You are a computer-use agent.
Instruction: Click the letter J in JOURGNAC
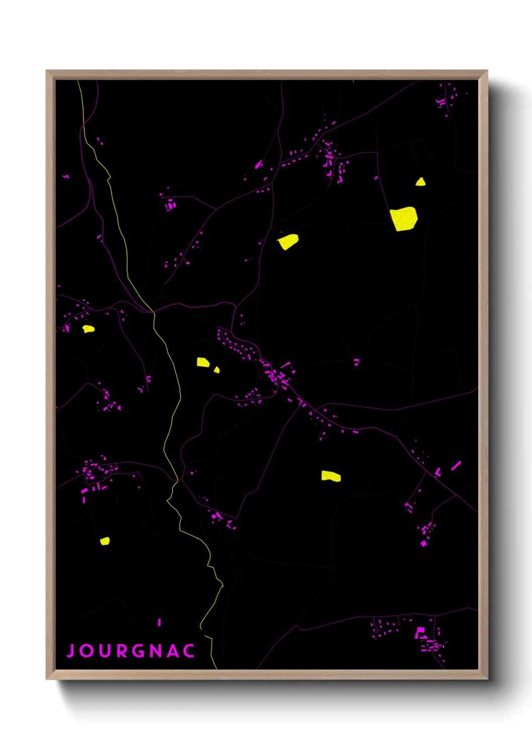71,651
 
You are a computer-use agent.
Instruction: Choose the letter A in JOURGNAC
173,651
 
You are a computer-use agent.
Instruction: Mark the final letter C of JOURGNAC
189,651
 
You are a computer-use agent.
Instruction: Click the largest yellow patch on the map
404,218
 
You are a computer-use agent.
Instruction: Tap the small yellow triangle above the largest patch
421,182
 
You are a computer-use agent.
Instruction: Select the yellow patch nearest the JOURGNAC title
105,541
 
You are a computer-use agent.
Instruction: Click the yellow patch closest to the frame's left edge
88,329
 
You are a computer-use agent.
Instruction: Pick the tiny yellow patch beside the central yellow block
217,370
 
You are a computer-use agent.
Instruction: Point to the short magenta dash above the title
159,622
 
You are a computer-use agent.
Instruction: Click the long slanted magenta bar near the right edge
456,466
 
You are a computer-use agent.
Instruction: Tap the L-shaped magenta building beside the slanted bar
438,473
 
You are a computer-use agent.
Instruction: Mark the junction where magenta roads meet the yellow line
153,312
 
